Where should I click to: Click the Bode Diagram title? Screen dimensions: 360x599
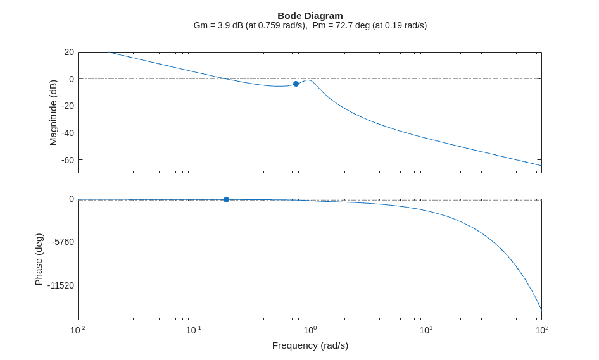(310, 15)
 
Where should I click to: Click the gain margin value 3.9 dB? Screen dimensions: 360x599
(229, 25)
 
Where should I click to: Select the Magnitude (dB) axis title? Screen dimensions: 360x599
(53, 113)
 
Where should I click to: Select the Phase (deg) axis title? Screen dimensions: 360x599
(39, 259)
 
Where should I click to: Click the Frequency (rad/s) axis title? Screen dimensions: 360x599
(310, 345)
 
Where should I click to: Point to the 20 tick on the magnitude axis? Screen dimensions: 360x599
(69, 52)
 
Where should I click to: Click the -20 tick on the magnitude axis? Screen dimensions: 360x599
(67, 106)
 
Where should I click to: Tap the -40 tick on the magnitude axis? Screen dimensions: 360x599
(67, 133)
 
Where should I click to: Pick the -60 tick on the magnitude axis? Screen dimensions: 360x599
(67, 160)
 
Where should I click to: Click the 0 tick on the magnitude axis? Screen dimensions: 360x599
(72, 79)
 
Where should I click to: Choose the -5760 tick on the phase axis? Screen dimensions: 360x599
(63, 242)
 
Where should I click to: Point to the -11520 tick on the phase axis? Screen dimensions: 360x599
(61, 285)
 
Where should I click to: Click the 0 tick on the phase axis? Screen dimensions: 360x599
(72, 199)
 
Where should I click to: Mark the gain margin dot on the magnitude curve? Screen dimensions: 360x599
(296, 84)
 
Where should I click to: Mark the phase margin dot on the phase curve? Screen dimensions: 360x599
(226, 199)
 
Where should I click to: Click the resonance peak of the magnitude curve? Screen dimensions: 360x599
(308, 80)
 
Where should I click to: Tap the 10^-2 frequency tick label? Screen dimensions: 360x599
(78, 330)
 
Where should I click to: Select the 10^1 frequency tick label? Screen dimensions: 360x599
(426, 330)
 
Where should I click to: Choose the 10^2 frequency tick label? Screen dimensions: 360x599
(541, 330)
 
